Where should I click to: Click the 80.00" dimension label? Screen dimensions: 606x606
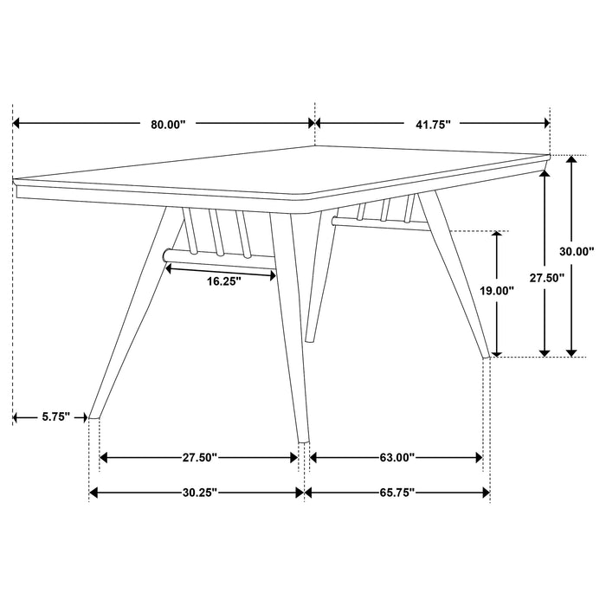pos(168,125)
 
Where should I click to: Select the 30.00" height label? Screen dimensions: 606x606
pos(577,252)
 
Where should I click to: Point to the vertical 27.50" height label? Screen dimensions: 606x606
pos(546,278)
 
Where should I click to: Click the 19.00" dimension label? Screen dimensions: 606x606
pos(496,292)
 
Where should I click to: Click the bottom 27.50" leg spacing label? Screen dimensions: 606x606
pos(199,457)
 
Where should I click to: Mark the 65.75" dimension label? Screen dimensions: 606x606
pos(396,493)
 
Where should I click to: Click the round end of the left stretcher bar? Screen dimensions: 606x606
pos(167,255)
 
